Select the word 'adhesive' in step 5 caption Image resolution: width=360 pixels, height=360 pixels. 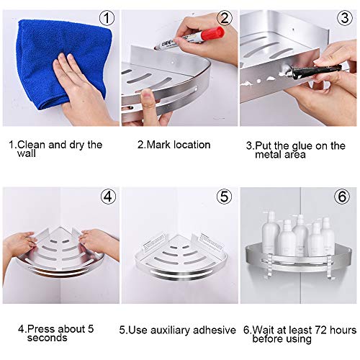tap(215, 330)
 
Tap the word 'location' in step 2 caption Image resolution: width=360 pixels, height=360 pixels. tap(192, 145)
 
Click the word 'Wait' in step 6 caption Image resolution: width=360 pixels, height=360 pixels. tap(266, 329)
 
